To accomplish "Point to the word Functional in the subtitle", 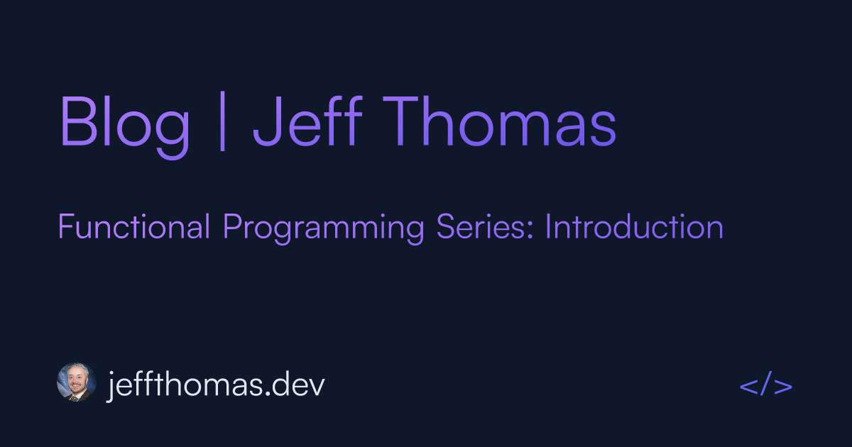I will (133, 228).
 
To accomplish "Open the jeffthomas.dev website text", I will (216, 385).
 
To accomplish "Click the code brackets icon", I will (765, 387).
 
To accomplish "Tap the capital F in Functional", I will (65, 228).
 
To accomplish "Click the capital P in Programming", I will (231, 228).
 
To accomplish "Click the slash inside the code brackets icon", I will (765, 387).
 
